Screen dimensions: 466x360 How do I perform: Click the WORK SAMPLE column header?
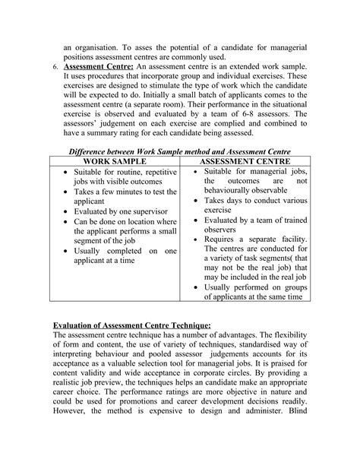[x=115, y=162]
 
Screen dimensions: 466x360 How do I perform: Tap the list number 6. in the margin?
[x=54, y=67]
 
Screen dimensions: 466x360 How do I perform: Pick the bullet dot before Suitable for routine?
[x=65, y=173]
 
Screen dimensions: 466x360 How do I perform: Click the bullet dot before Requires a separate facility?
[x=197, y=237]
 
